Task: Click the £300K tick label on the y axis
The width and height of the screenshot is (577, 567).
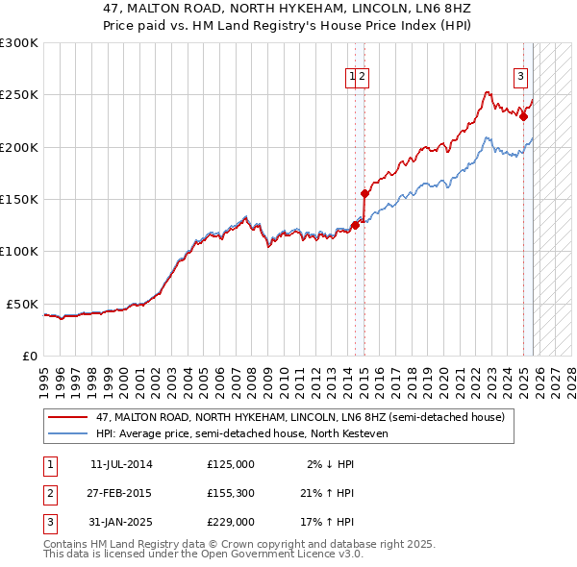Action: point(19,43)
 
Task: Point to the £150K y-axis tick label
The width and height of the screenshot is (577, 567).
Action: point(19,199)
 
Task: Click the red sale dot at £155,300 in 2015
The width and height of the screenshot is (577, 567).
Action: point(364,193)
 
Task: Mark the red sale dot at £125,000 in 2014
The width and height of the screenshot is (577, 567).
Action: point(355,225)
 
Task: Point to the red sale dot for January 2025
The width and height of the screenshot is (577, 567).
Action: point(523,116)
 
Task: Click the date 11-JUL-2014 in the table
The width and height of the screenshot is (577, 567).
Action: point(121,464)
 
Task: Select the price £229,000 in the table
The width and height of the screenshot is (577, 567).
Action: point(231,522)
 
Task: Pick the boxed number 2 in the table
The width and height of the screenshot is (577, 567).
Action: point(49,493)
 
